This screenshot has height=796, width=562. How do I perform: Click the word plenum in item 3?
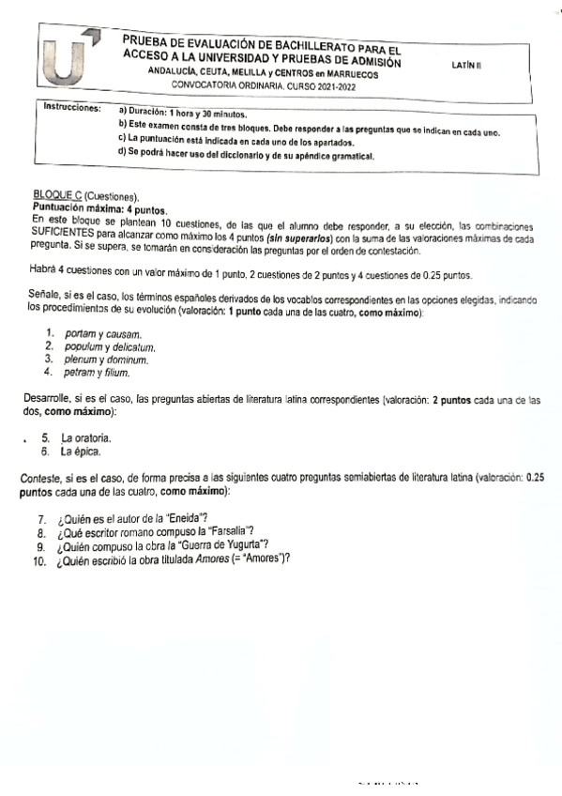pyautogui.click(x=80, y=359)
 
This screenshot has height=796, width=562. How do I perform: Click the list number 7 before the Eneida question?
pyautogui.click(x=41, y=520)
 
